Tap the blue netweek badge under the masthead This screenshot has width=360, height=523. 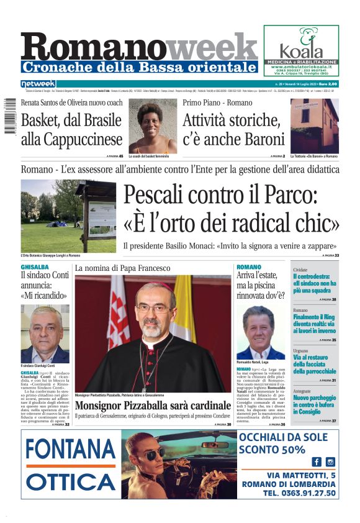click(38, 84)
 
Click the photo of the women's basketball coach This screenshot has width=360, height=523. click(153, 125)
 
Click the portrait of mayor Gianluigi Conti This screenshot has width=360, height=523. click(45, 334)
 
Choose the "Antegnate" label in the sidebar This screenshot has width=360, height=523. click(303, 391)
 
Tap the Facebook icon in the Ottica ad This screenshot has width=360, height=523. click(317, 462)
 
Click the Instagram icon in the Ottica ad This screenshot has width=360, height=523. click(330, 462)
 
